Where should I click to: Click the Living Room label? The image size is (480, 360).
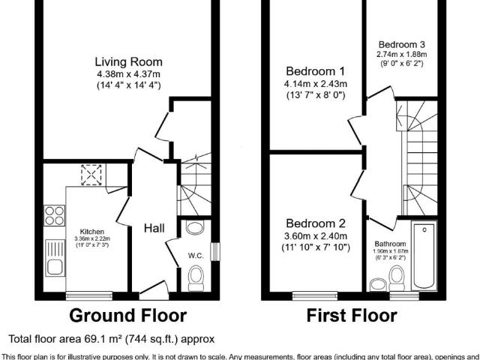(x=128, y=61)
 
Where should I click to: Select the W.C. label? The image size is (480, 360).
(x=196, y=256)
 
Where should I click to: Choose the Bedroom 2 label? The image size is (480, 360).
(x=315, y=223)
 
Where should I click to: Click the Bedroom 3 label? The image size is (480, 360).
(x=401, y=43)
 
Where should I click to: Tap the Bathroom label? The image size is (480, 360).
(x=390, y=244)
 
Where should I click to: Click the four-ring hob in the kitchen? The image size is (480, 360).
(x=55, y=215)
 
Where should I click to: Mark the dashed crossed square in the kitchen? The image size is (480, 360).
(x=91, y=175)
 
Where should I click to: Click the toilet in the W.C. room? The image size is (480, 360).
(x=196, y=280)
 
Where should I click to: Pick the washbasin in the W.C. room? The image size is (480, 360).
(x=194, y=227)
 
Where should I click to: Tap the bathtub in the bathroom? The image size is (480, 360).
(x=424, y=257)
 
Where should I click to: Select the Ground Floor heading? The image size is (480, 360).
(x=127, y=315)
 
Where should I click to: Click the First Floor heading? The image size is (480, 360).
(x=352, y=315)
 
